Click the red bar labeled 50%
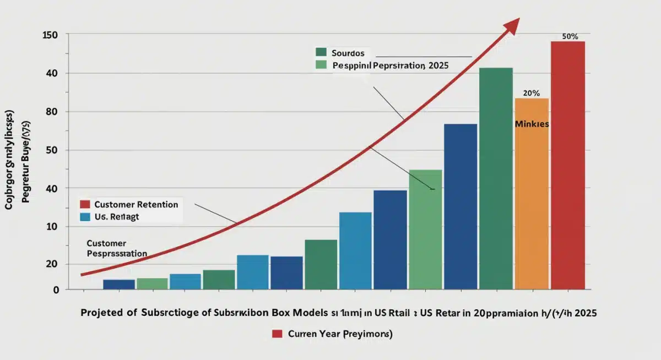pyautogui.click(x=568, y=165)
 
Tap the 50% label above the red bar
pyautogui.click(x=570, y=36)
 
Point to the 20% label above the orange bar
pyautogui.click(x=531, y=93)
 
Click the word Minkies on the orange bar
pyautogui.click(x=532, y=124)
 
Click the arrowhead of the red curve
pyautogui.click(x=513, y=24)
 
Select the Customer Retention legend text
pyautogui.click(x=137, y=204)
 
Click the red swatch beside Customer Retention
pyautogui.click(x=85, y=204)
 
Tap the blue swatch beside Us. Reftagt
pyautogui.click(x=85, y=217)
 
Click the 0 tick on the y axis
pyautogui.click(x=56, y=290)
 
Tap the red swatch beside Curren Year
pyautogui.click(x=277, y=334)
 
